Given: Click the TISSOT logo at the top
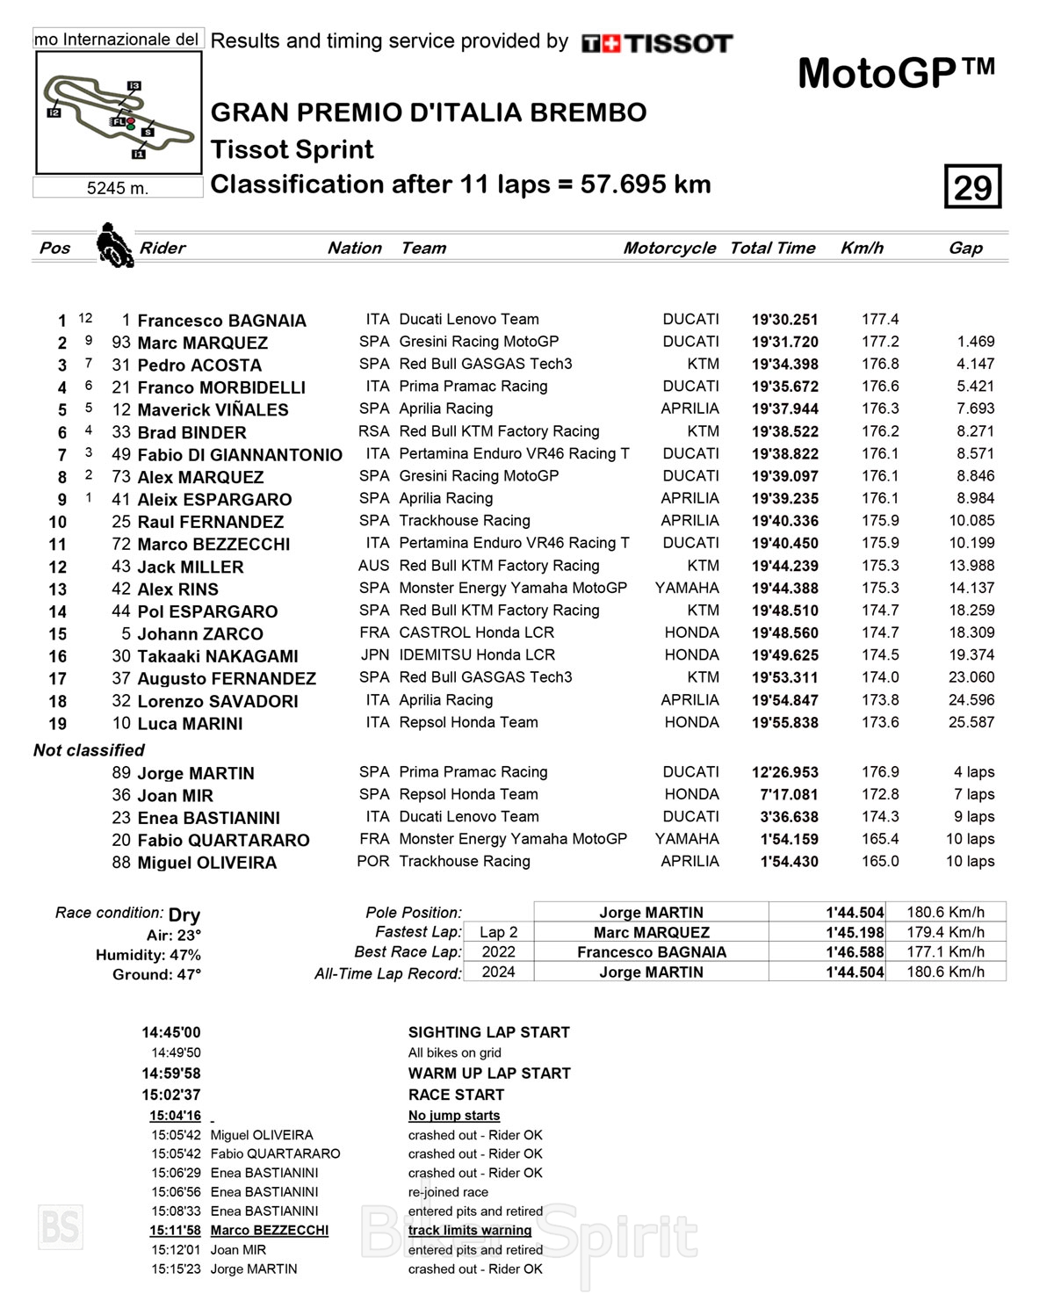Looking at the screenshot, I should click(x=656, y=43).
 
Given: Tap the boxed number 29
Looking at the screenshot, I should click(x=972, y=187).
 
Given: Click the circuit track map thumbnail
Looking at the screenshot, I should click(x=119, y=112).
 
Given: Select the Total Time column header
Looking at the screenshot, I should click(x=772, y=248).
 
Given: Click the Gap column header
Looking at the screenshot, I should click(x=965, y=248).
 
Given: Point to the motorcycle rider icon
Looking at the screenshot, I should click(x=113, y=245).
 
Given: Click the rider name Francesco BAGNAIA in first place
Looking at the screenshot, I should click(x=221, y=321).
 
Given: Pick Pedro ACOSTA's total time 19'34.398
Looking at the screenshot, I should click(x=784, y=365).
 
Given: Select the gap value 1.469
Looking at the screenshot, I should click(x=975, y=342).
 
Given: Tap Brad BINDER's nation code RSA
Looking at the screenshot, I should click(x=373, y=431).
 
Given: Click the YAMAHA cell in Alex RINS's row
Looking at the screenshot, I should click(x=687, y=588).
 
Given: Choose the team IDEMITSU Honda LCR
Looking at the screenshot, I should click(x=477, y=655).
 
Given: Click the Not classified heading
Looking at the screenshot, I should click(x=89, y=750).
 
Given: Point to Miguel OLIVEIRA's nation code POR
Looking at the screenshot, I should click(x=372, y=862).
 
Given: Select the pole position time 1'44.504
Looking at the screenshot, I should click(x=854, y=913).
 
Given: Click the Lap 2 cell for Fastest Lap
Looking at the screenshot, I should click(x=498, y=932).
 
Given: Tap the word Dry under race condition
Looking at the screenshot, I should click(x=184, y=914).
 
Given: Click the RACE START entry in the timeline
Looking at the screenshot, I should click(x=456, y=1095).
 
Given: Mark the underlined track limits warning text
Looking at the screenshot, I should click(x=469, y=1231).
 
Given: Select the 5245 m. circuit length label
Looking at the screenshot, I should click(x=118, y=188).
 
